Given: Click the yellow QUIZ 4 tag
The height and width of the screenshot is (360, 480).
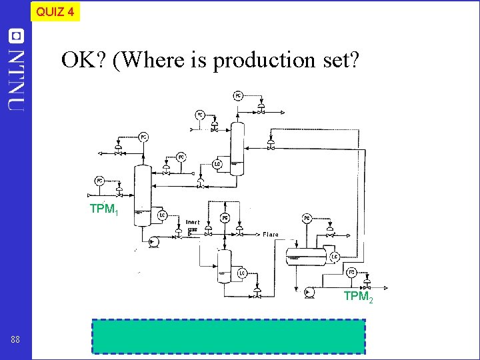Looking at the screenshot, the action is pos(55,11).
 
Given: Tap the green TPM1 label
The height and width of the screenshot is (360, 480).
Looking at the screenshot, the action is pos(104,209).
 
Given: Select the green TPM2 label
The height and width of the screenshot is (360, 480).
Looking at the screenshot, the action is pos(358,297).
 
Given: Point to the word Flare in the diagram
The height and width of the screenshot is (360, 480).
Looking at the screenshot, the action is pos(270,235).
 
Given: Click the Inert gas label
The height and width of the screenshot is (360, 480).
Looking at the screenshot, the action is pos(193,225).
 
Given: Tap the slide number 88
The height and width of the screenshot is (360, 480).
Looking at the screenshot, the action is pos(15,340).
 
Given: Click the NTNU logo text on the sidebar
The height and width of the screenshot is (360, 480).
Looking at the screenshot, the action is pos(17,70).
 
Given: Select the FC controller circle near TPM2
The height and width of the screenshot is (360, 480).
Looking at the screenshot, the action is pos(351,272).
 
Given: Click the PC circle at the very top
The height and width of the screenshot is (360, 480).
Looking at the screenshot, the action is pos(238,96).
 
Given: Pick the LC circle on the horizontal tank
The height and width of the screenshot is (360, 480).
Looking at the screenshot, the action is pos(335,256).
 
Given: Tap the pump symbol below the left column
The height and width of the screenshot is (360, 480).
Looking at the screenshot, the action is pos(152,243).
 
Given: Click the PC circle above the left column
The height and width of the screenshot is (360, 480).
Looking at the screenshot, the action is pos(144,137).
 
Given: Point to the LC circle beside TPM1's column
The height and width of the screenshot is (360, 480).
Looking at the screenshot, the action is pos(162,215).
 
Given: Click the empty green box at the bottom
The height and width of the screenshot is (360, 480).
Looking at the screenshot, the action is pos(229,336).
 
